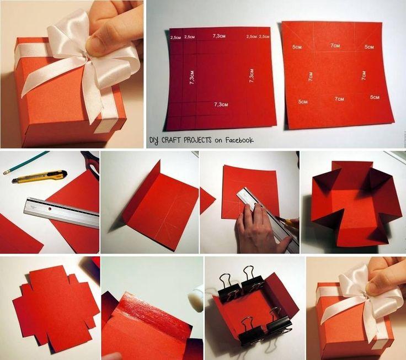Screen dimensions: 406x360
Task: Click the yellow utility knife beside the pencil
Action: point(39,176)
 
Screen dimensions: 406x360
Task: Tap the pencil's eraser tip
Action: point(4,172)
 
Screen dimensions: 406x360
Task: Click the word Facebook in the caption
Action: point(239,140)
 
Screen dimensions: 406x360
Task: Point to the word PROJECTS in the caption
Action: point(197,140)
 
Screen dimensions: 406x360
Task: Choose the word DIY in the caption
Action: point(154,141)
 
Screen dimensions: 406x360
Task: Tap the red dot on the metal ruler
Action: point(50,208)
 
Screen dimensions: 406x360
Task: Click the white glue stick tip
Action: point(195,298)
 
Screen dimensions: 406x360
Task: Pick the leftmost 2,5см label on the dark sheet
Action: point(175,38)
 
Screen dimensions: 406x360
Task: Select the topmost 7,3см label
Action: point(219,36)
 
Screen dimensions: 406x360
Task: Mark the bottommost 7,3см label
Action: point(221,104)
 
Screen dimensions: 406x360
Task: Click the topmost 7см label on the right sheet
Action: point(335,46)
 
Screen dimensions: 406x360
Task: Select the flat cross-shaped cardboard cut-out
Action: point(56,309)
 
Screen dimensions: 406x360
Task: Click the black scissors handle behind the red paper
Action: point(91,165)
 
